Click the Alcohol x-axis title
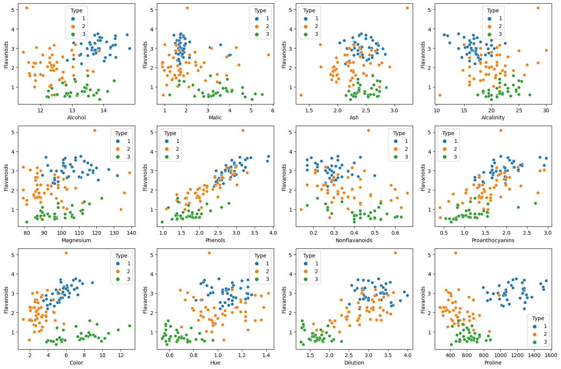[x=76, y=118]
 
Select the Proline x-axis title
[x=493, y=363]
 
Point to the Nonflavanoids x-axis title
[x=354, y=240]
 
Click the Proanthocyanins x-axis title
[x=493, y=240]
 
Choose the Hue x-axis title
[x=215, y=363]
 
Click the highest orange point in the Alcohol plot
[x=27, y=8]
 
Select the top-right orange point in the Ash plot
[x=407, y=8]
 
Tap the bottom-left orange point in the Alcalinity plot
[x=440, y=95]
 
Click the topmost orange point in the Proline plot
[x=455, y=253]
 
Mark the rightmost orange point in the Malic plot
[x=268, y=55]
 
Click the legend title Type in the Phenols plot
[x=170, y=133]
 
